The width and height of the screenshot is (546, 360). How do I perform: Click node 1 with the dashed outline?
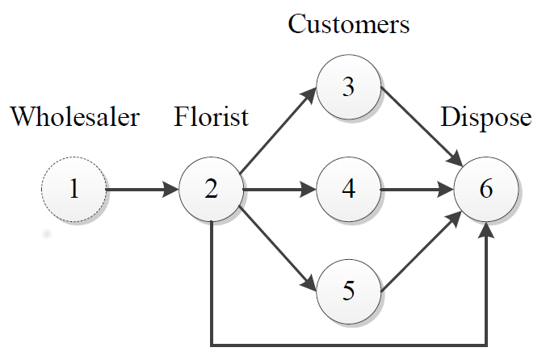point(73,190)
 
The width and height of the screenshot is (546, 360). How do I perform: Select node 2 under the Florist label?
point(211,190)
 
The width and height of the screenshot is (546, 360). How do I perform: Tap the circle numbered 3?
point(348,87)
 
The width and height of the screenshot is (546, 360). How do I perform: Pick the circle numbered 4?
point(348,190)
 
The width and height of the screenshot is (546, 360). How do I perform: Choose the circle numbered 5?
point(348,291)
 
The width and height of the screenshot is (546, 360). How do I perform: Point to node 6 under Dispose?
point(485,190)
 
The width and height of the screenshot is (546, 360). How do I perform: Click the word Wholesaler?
point(75,118)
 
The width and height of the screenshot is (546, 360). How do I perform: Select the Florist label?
point(211,118)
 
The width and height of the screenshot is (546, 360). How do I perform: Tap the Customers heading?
point(349,24)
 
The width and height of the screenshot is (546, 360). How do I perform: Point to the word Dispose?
point(486,118)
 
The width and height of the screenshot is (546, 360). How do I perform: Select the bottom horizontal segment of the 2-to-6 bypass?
point(347,345)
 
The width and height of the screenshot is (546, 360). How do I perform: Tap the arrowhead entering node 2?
point(170,190)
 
